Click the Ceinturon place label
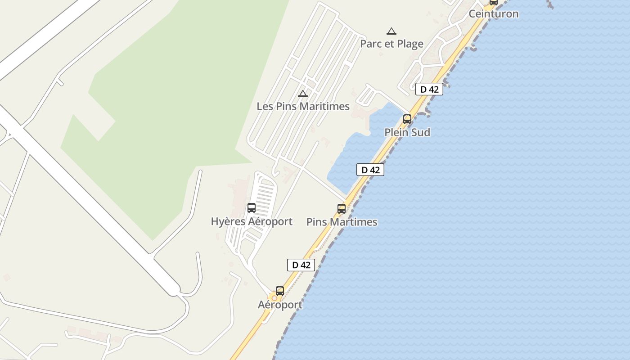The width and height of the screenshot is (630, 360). coord(494,14)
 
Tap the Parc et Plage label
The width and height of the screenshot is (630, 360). coord(391,44)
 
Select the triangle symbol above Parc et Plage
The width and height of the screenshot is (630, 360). coord(391,31)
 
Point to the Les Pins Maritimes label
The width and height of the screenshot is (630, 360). coord(303,106)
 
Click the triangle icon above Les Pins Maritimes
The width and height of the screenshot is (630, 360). coord(303,94)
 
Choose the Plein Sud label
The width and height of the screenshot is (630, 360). coord(407,132)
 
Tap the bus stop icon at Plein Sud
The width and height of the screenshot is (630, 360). coord(407,119)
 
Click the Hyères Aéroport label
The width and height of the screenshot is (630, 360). coord(252,221)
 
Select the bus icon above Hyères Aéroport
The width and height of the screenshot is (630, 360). coord(252,208)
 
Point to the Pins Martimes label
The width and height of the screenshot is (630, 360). coord(342,222)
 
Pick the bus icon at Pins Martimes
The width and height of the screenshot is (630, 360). coord(342,209)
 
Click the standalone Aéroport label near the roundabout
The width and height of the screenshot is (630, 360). coord(280,305)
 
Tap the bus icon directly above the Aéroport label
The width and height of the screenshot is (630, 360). coord(280,291)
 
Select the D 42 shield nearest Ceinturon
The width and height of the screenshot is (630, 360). coord(429,89)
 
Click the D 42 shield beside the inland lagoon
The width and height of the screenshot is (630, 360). coord(370,170)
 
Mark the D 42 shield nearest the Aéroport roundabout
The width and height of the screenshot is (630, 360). coord(301,265)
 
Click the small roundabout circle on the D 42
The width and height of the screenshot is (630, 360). coord(274,298)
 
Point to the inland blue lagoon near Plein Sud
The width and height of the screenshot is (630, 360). coord(355,157)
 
